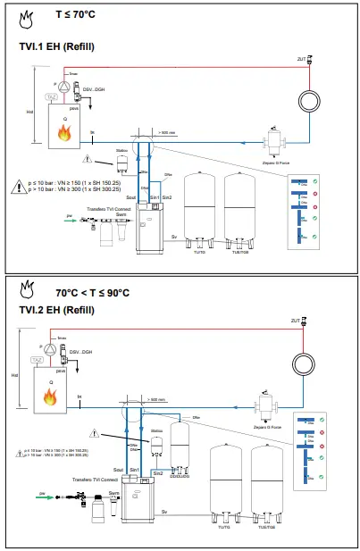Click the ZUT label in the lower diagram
click(x=298, y=320)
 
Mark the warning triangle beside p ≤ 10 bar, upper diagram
click(x=19, y=188)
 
